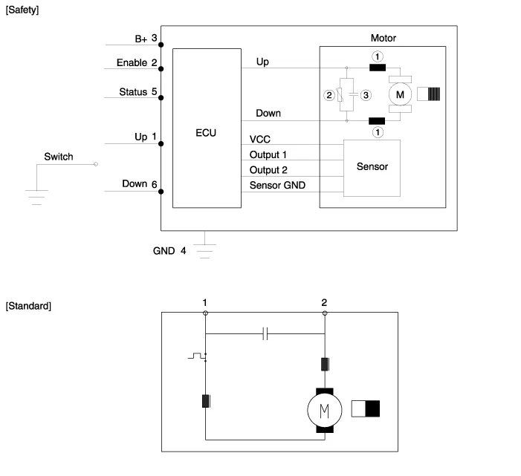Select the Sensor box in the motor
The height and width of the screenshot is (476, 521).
pyautogui.click(x=372, y=166)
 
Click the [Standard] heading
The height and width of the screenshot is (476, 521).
pyautogui.click(x=28, y=306)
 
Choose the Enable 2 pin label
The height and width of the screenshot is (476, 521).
pyautogui.click(x=137, y=63)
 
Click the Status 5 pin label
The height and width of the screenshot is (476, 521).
pyautogui.click(x=137, y=93)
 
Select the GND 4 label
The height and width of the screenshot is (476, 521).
pyautogui.click(x=169, y=251)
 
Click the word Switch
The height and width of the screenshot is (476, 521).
pyautogui.click(x=59, y=157)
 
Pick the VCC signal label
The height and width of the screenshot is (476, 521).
pyautogui.click(x=260, y=139)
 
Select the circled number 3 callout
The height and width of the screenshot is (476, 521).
pyautogui.click(x=365, y=95)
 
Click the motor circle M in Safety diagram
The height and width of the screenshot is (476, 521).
pyautogui.click(x=401, y=94)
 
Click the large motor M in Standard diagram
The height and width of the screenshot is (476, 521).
pyautogui.click(x=324, y=409)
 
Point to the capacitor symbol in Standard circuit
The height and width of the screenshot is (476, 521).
pyautogui.click(x=265, y=334)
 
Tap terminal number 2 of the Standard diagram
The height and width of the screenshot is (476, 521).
pyautogui.click(x=324, y=302)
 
